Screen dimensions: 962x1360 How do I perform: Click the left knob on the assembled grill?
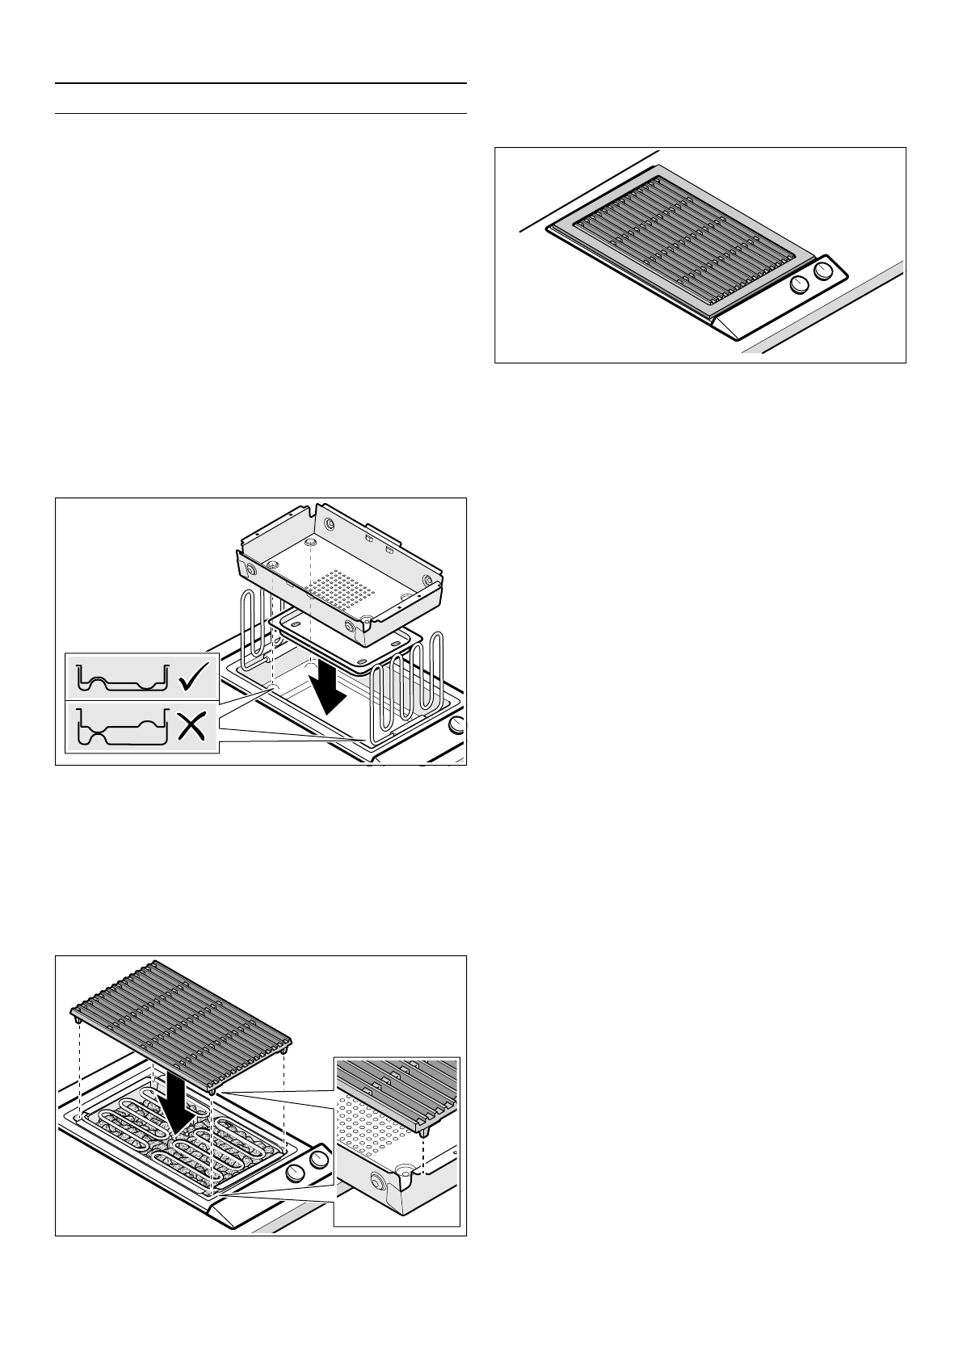799,284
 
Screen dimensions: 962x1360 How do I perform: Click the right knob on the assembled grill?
822,272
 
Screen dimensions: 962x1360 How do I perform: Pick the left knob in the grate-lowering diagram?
296,1173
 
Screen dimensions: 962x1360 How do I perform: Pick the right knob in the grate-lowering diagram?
320,1160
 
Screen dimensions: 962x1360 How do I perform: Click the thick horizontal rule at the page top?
261,83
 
